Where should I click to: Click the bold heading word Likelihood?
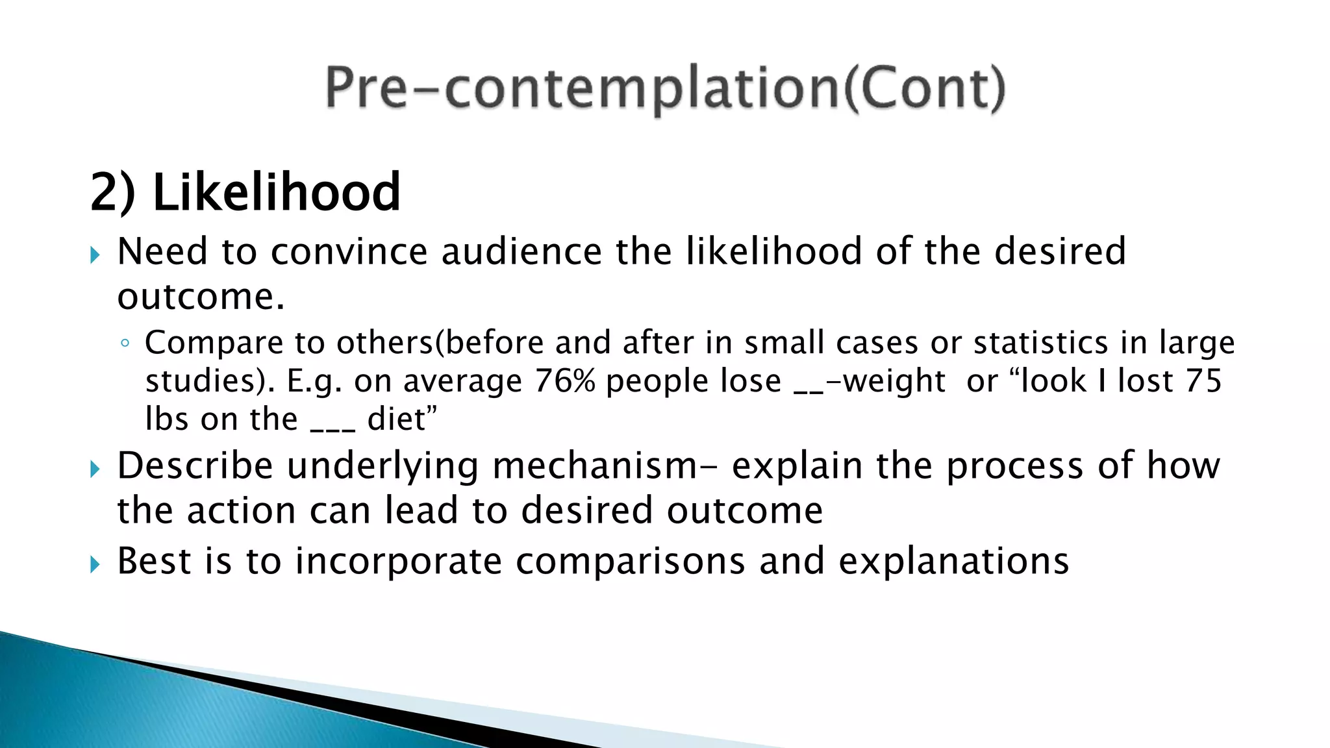tap(276, 192)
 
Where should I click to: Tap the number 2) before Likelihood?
tap(112, 192)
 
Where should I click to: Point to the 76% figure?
tap(564, 381)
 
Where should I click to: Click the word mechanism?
tap(595, 466)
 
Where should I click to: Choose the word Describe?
tap(195, 466)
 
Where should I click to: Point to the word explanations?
tap(953, 562)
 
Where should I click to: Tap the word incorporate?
tap(398, 562)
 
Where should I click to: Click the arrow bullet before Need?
tap(95, 255)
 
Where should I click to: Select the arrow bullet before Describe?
tap(95, 469)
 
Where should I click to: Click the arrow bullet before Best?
tap(95, 564)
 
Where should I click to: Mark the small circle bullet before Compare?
tap(125, 343)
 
